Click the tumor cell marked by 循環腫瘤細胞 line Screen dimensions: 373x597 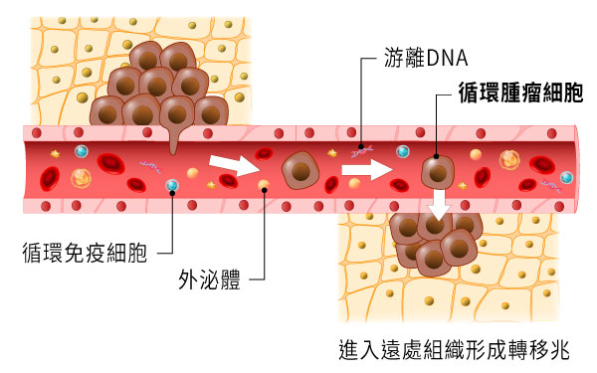coord(435,171)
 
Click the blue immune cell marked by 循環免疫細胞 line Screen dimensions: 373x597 coord(172,185)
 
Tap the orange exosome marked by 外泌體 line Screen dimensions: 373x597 coord(263,185)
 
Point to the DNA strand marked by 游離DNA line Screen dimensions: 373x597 coord(360,150)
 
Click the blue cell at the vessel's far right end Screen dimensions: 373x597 coord(567,177)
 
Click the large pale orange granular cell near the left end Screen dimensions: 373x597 coord(81,180)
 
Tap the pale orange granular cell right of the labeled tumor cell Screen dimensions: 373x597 coord(510,158)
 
